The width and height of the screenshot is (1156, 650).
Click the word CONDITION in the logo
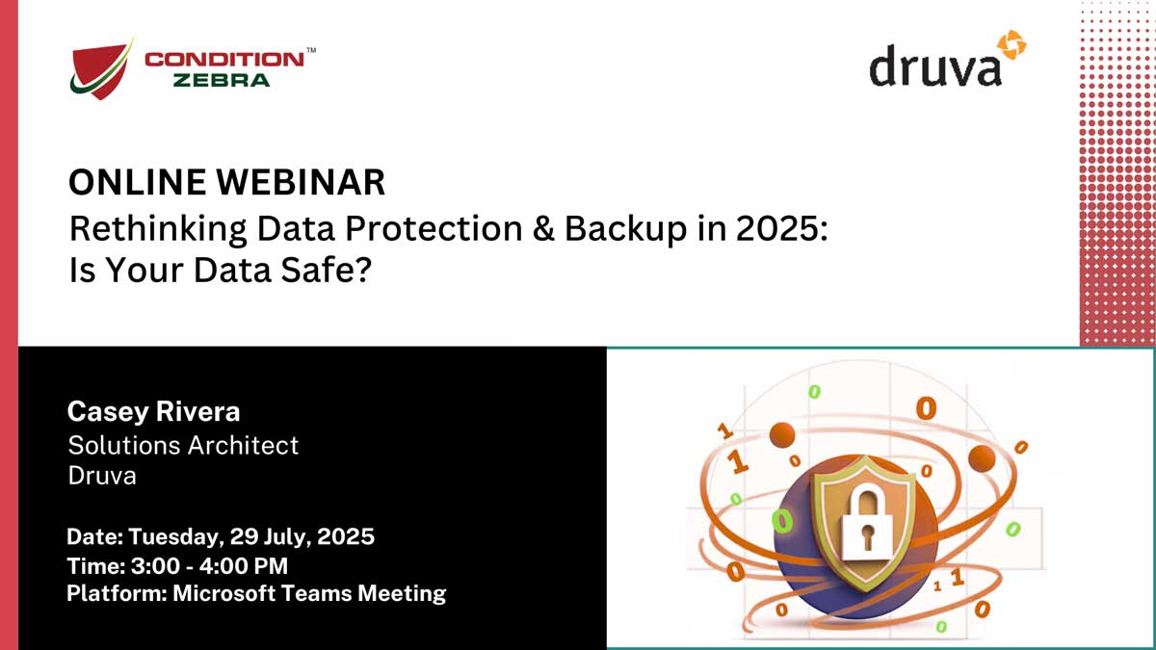click(223, 60)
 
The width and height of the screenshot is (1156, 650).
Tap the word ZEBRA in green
click(222, 81)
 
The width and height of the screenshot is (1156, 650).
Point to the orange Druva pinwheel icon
click(1011, 44)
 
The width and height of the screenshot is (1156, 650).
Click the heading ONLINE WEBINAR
click(226, 182)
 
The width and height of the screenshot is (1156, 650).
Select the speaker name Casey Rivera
click(153, 412)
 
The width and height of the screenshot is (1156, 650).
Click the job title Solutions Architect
click(183, 445)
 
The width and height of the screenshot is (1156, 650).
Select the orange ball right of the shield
click(982, 458)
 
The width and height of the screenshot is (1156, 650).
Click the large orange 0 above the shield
click(926, 409)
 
